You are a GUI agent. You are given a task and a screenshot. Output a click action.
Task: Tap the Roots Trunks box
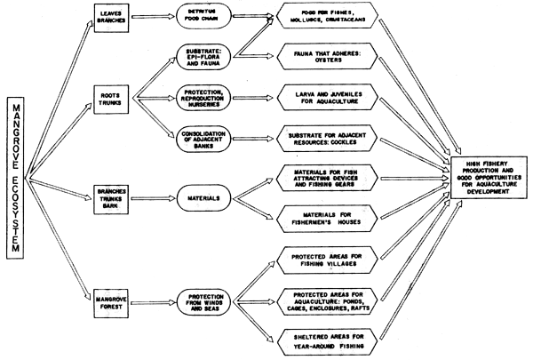pyautogui.click(x=115, y=94)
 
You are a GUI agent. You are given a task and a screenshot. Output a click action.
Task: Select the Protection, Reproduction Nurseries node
pyautogui.click(x=203, y=95)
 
